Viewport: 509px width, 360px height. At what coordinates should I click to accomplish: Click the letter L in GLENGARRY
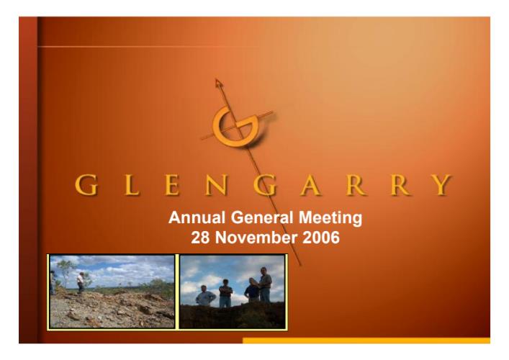point(132,185)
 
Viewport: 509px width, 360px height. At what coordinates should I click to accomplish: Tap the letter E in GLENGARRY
point(172,185)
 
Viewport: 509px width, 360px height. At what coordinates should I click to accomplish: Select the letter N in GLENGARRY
point(215,185)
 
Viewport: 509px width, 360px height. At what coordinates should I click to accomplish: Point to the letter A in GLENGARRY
point(311,185)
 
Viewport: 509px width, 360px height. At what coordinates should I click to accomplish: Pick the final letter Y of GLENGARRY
point(442,185)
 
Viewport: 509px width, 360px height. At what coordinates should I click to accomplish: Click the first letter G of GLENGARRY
point(86,185)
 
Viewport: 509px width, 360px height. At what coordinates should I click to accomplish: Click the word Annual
point(197,217)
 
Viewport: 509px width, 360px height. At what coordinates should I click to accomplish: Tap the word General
point(262,217)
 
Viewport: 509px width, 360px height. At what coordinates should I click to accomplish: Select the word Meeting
point(330,218)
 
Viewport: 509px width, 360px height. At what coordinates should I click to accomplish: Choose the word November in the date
point(256,238)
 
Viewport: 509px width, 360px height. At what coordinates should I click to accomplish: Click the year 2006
point(321,238)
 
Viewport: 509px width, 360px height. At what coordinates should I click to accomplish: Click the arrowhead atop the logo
point(219,84)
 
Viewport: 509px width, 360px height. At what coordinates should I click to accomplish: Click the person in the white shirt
point(80,282)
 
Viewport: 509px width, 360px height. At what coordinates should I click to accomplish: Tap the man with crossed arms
point(225,293)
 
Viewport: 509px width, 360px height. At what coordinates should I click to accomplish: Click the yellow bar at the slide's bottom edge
point(366,341)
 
